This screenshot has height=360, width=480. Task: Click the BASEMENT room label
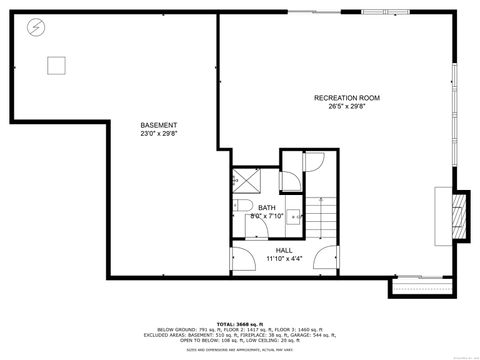click(159, 125)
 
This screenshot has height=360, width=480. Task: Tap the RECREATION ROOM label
click(346, 97)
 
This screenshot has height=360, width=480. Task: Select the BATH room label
click(266, 207)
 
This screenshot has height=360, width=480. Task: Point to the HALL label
click(284, 249)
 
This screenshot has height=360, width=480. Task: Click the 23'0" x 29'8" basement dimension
click(159, 133)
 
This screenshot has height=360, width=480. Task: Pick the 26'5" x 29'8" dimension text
click(346, 105)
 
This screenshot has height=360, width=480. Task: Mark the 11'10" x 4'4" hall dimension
click(284, 258)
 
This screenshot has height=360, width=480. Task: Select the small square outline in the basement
click(56, 64)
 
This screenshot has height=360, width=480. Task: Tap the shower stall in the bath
click(246, 180)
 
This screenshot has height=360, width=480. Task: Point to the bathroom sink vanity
click(246, 225)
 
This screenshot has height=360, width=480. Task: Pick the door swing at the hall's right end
click(324, 255)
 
